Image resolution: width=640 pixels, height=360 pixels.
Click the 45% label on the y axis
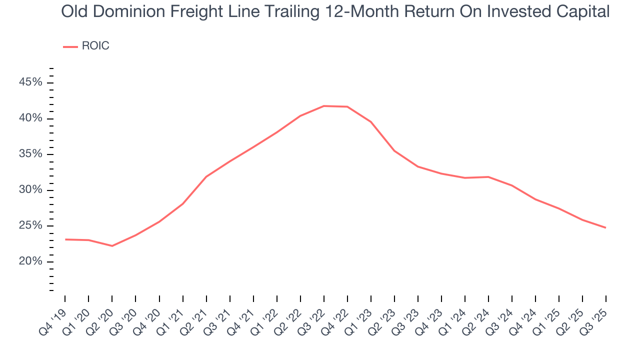[31, 82]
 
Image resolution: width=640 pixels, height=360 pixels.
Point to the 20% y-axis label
[31, 261]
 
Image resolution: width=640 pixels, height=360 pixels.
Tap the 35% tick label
[31, 154]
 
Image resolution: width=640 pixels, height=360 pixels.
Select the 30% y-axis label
[31, 190]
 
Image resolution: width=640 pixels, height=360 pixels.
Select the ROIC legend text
[95, 46]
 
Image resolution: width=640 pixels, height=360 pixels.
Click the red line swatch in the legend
[70, 46]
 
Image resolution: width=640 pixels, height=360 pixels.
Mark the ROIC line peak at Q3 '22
[324, 106]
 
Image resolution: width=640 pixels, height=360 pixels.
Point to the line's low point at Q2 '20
[112, 246]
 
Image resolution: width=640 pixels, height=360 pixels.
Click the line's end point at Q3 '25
[606, 227]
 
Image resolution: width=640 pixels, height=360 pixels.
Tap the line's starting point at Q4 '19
[65, 239]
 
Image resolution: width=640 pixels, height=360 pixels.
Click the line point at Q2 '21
[206, 176]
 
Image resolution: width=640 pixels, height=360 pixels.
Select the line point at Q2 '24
[488, 177]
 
